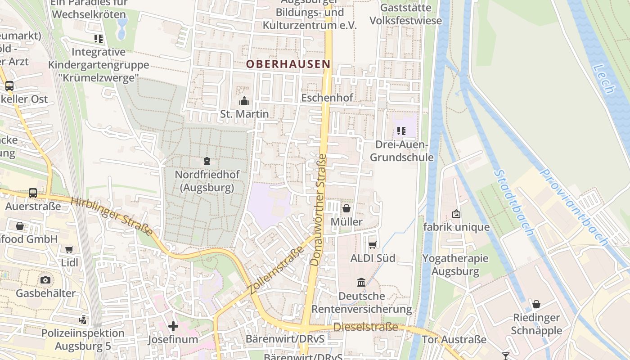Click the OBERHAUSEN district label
288,64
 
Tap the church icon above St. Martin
244,100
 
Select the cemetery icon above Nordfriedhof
207,161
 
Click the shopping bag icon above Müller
346,208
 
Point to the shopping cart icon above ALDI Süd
373,245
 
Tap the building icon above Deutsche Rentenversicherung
361,283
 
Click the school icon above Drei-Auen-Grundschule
401,131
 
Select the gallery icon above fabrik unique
456,214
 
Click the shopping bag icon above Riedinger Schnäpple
536,304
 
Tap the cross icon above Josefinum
173,326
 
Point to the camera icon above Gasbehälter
45,280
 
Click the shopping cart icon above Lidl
69,249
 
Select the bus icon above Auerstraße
33,193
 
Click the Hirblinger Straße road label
112,216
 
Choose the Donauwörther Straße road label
318,209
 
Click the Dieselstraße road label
365,327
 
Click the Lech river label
603,79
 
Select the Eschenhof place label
327,98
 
